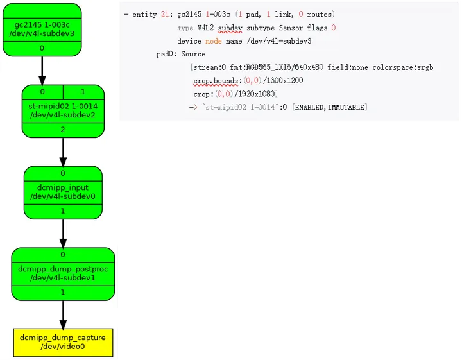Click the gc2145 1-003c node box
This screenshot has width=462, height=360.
coord(42,29)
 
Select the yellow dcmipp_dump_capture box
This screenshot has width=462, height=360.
coord(63,342)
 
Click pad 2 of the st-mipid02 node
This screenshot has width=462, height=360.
coord(63,130)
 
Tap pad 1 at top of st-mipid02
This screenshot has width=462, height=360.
coord(83,92)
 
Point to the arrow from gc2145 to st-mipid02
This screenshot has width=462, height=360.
coord(42,71)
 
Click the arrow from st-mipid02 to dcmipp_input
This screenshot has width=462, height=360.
coord(63,151)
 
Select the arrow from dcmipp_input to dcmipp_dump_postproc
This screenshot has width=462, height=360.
coord(63,233)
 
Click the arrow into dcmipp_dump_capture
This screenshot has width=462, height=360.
coord(63,314)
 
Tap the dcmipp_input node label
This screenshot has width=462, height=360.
coord(63,192)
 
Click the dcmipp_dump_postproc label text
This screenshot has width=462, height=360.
coord(63,273)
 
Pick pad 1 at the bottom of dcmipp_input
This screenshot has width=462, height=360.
coord(63,210)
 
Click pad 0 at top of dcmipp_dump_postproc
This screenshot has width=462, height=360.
coord(63,255)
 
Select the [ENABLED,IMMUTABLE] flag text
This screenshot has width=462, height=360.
coord(330,107)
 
